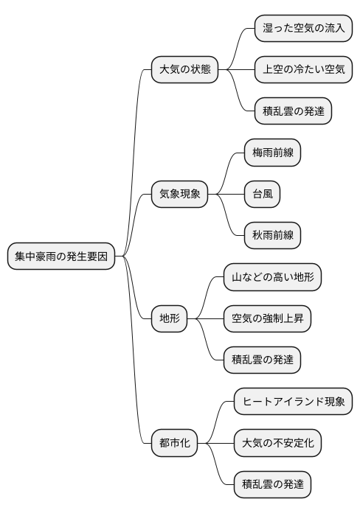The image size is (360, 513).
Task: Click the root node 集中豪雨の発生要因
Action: pyautogui.click(x=61, y=256)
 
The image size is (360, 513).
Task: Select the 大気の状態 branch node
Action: pyautogui.click(x=185, y=70)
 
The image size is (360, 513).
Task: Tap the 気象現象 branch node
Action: pyautogui.click(x=180, y=195)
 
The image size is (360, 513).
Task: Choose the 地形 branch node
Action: pyautogui.click(x=169, y=319)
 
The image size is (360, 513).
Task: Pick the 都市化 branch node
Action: pyautogui.click(x=175, y=444)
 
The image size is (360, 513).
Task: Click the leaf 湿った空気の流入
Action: pyautogui.click(x=303, y=29)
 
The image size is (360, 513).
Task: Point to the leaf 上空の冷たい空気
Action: pyautogui.click(x=303, y=70)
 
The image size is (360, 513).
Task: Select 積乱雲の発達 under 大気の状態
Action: pyautogui.click(x=293, y=111)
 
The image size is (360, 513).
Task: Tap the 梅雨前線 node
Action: pyautogui.click(x=272, y=153)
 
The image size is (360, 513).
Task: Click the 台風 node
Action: pyautogui.click(x=263, y=195)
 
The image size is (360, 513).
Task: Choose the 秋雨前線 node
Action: pyautogui.click(x=272, y=236)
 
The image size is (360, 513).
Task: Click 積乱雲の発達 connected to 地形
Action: pyautogui.click(x=262, y=360)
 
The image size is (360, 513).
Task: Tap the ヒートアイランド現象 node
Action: pyautogui.click(x=293, y=402)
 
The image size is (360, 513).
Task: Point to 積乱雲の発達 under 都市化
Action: pyautogui.click(x=272, y=485)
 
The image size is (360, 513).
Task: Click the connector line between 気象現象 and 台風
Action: pyautogui.click(x=226, y=195)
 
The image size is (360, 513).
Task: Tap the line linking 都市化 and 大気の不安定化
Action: pyautogui.click(x=215, y=444)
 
